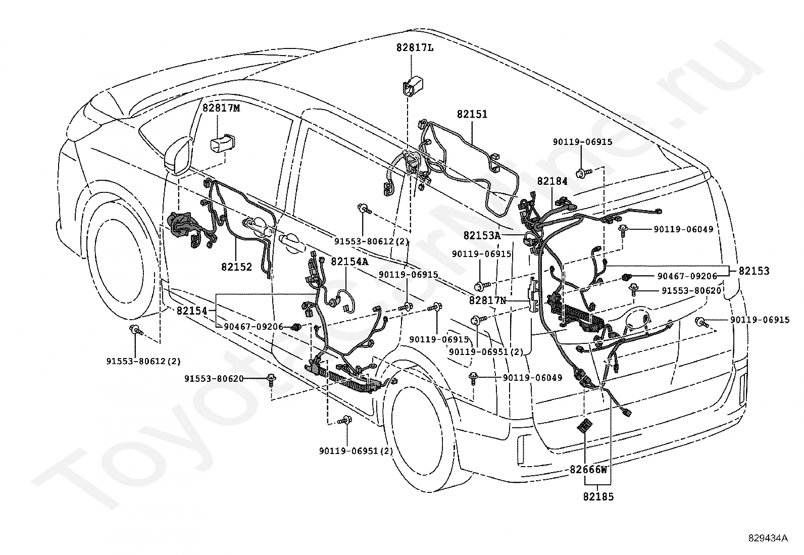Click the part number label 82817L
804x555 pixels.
[x=415, y=48]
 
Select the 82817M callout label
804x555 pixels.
[x=221, y=108]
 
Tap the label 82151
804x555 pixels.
[x=472, y=114]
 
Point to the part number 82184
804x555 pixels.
[x=552, y=181]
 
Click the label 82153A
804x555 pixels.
[x=482, y=235]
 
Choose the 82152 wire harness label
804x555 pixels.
[x=236, y=267]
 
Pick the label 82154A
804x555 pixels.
[x=349, y=262]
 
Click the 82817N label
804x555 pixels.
[x=487, y=300]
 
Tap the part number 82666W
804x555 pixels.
[x=588, y=470]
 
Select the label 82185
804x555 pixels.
[x=598, y=497]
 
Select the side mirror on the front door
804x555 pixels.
[x=178, y=156]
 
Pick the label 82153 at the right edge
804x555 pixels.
[x=753, y=271]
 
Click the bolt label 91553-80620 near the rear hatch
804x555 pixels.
[x=691, y=290]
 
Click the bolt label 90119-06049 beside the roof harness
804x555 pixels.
[x=683, y=229]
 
